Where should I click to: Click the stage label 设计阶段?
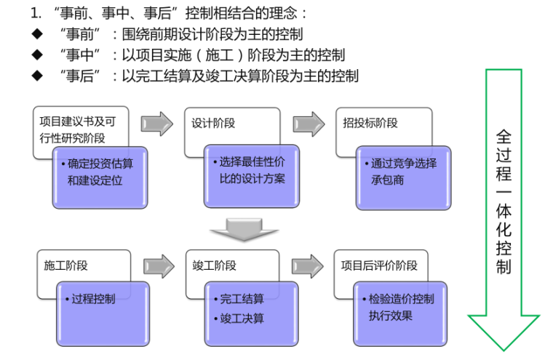214,124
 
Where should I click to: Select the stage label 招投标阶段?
370,124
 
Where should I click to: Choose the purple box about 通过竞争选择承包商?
403,172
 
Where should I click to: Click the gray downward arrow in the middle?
235,230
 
